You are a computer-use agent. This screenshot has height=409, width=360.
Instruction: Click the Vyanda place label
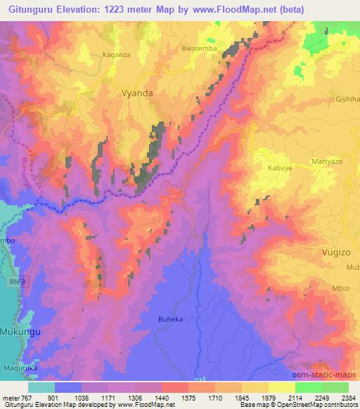(137, 92)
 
